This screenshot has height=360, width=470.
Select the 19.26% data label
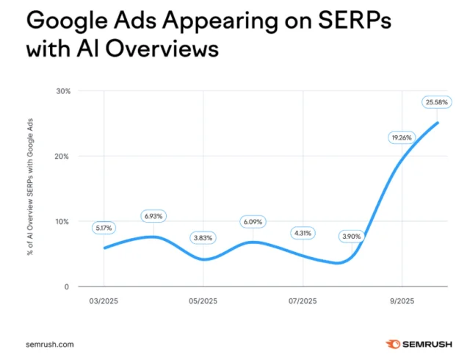pyautogui.click(x=400, y=137)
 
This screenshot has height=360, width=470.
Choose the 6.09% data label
pyautogui.click(x=252, y=221)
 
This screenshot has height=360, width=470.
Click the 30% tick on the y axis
pyautogui.click(x=63, y=91)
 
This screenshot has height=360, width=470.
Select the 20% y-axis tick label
pyautogui.click(x=63, y=156)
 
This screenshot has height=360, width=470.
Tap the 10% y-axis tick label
pyautogui.click(x=63, y=221)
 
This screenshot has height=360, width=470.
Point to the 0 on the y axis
pyautogui.click(x=67, y=287)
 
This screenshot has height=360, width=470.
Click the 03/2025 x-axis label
pyautogui.click(x=104, y=301)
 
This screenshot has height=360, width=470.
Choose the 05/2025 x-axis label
pyautogui.click(x=203, y=301)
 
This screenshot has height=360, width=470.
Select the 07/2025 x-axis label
pyautogui.click(x=303, y=301)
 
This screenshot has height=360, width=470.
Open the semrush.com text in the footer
pyautogui.click(x=49, y=344)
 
